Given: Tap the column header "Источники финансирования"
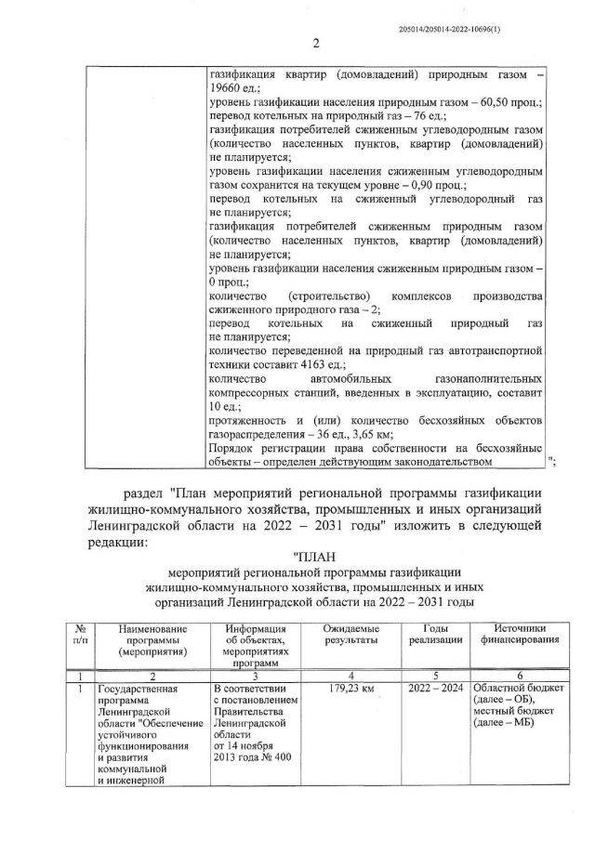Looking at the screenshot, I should [520, 635].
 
